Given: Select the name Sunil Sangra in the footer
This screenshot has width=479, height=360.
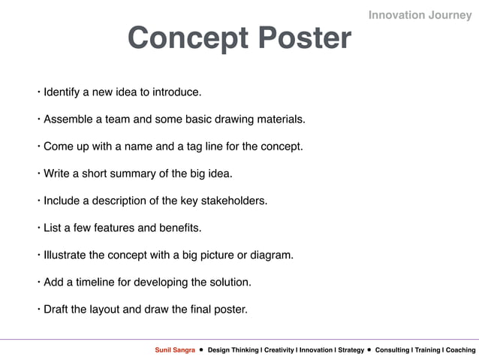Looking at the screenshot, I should [175, 350].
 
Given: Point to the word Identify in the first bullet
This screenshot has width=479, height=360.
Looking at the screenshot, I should [63, 92].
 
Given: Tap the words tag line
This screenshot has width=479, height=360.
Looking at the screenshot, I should [215, 147].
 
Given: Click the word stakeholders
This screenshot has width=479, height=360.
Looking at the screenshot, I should [234, 201].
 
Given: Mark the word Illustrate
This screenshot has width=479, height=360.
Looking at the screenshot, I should [65, 255].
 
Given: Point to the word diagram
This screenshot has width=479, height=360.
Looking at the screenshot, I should [271, 255].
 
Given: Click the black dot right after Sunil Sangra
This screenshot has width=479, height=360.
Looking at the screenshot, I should [201, 350].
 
